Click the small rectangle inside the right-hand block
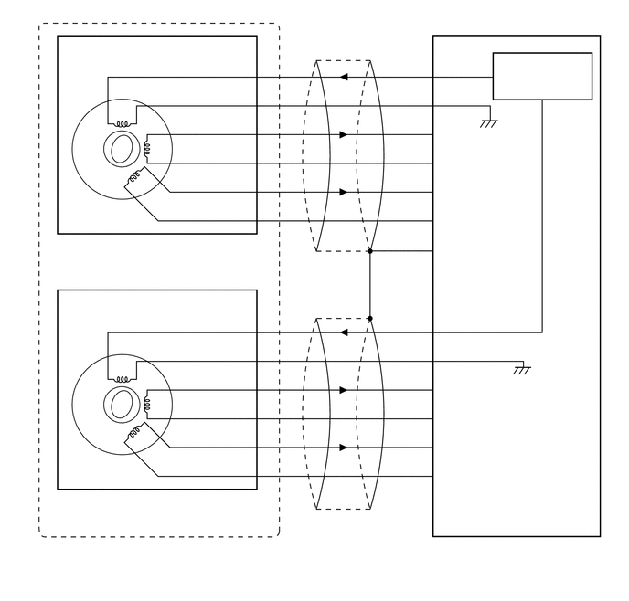pos(542,76)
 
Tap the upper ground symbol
pos(489,122)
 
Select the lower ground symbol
pos(522,369)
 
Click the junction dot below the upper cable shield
pos(369,250)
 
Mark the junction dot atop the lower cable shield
pos(369,319)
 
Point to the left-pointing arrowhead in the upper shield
pos(344,78)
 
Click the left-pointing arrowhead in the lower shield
pos(344,332)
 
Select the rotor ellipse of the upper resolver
pos(122,149)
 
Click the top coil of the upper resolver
pos(122,123)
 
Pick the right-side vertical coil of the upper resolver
pos(146,149)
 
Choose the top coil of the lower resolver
pos(122,378)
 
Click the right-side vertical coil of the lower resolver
pos(146,404)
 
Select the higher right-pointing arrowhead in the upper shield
pos(344,135)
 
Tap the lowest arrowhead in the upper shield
pos(344,192)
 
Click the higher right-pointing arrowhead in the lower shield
pos(344,390)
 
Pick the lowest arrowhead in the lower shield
pos(344,448)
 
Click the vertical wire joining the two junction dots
pos(369,285)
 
